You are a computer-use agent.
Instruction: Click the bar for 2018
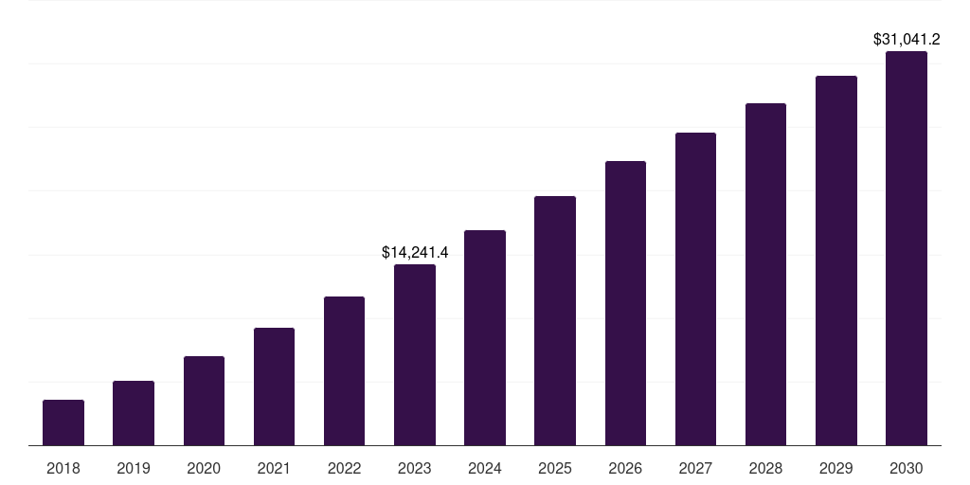click(63, 422)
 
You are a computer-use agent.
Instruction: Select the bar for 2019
click(134, 413)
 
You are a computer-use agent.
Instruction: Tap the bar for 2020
click(204, 401)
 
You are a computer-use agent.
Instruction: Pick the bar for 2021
click(274, 386)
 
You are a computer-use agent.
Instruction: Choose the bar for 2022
click(344, 370)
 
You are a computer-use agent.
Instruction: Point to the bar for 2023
click(415, 354)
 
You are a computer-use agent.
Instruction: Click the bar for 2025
click(555, 320)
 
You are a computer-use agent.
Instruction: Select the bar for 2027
click(695, 289)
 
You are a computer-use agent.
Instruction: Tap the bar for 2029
click(836, 260)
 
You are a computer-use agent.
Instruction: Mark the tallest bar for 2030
click(907, 248)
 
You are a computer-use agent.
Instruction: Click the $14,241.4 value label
click(415, 252)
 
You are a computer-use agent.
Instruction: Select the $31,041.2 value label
click(907, 40)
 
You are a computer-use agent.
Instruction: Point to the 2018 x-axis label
click(63, 468)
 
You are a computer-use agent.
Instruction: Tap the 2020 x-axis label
click(204, 468)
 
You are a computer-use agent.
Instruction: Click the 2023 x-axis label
click(415, 468)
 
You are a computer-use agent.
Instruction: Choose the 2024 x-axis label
click(485, 468)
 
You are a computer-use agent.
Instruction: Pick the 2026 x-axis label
click(625, 468)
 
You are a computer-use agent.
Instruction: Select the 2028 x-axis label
click(765, 468)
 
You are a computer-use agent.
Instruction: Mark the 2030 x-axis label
click(907, 468)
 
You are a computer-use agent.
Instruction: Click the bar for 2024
click(485, 337)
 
